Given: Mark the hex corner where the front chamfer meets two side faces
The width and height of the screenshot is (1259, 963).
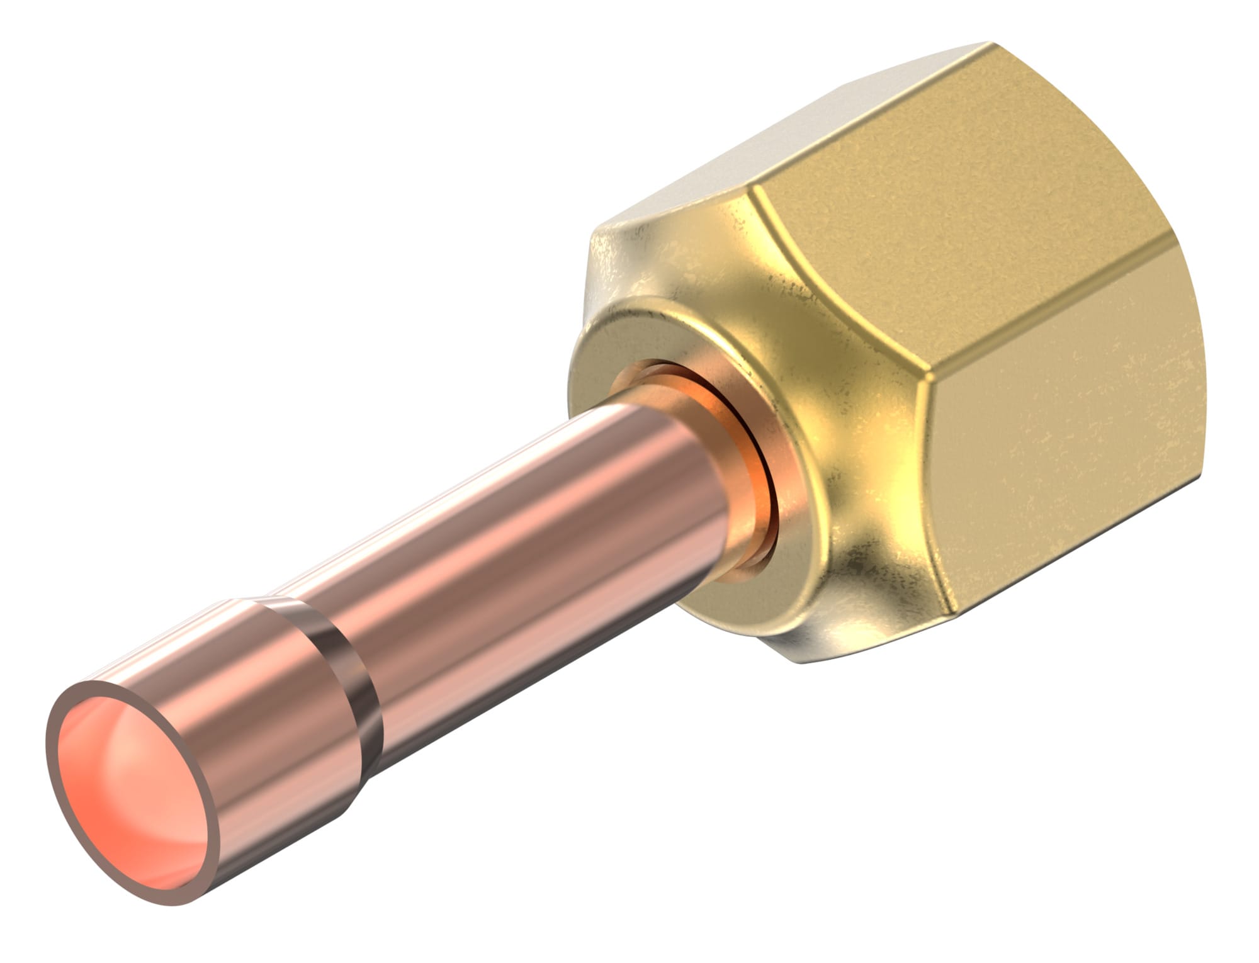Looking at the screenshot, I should point(925,378).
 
